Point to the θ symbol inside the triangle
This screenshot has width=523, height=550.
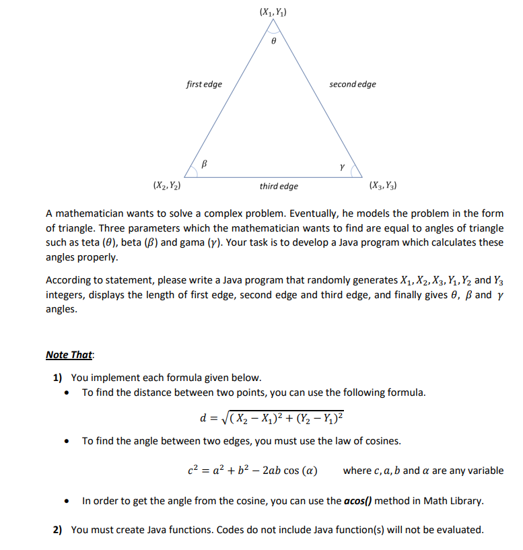click(x=273, y=41)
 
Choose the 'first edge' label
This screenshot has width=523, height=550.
click(x=204, y=84)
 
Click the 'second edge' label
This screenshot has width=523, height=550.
click(x=352, y=84)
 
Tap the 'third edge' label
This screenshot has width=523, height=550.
click(x=279, y=186)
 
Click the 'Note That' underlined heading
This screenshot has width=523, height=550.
click(x=70, y=355)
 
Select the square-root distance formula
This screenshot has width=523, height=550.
click(x=272, y=417)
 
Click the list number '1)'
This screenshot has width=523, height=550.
click(x=58, y=377)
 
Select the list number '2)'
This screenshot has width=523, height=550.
click(x=58, y=530)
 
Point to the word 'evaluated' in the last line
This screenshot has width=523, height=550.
click(x=460, y=530)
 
